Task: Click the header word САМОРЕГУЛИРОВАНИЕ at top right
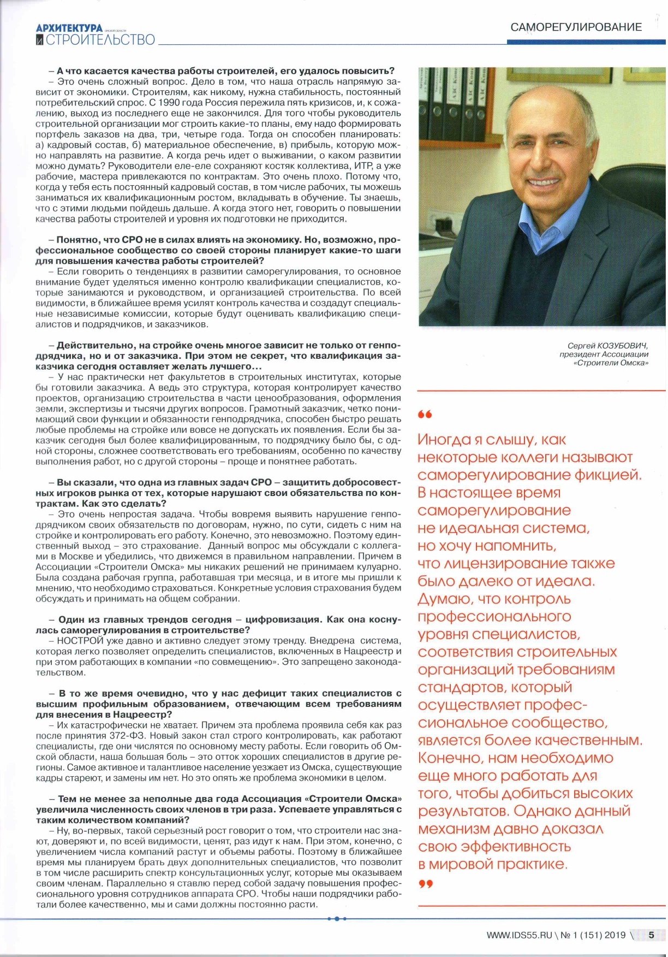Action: click(x=576, y=27)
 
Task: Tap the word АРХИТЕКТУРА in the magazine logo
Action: click(x=69, y=28)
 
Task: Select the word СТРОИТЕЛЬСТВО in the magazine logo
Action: click(x=100, y=40)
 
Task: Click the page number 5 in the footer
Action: click(x=651, y=935)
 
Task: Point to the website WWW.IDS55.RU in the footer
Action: click(x=519, y=935)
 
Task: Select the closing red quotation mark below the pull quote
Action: click(x=425, y=884)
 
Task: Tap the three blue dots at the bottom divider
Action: click(x=337, y=919)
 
